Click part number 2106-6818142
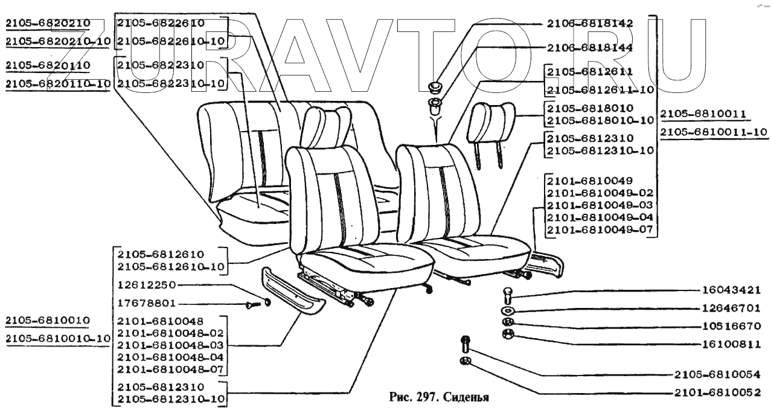589,24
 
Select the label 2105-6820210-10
57,41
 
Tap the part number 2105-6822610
160,24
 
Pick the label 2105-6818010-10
600,120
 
